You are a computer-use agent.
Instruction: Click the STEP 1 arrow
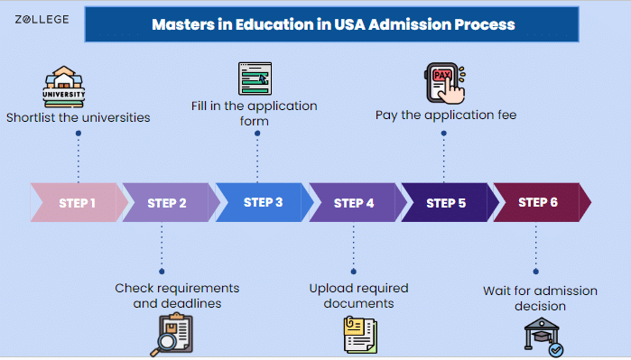click(x=78, y=203)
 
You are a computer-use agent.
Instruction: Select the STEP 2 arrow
click(x=168, y=203)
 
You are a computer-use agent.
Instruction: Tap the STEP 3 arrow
click(x=262, y=203)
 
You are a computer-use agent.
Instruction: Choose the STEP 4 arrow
click(x=354, y=203)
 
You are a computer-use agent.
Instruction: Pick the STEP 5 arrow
click(x=446, y=203)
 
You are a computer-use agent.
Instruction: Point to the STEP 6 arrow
click(x=540, y=203)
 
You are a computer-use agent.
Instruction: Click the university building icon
click(x=64, y=86)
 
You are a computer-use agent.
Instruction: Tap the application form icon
click(x=255, y=79)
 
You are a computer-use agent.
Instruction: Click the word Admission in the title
click(x=396, y=24)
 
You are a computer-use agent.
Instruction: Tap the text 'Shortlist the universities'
click(x=78, y=117)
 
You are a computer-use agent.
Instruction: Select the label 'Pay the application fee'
click(x=446, y=115)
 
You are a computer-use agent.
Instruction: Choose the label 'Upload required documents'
click(x=358, y=296)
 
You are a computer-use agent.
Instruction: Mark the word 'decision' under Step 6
click(x=540, y=306)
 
